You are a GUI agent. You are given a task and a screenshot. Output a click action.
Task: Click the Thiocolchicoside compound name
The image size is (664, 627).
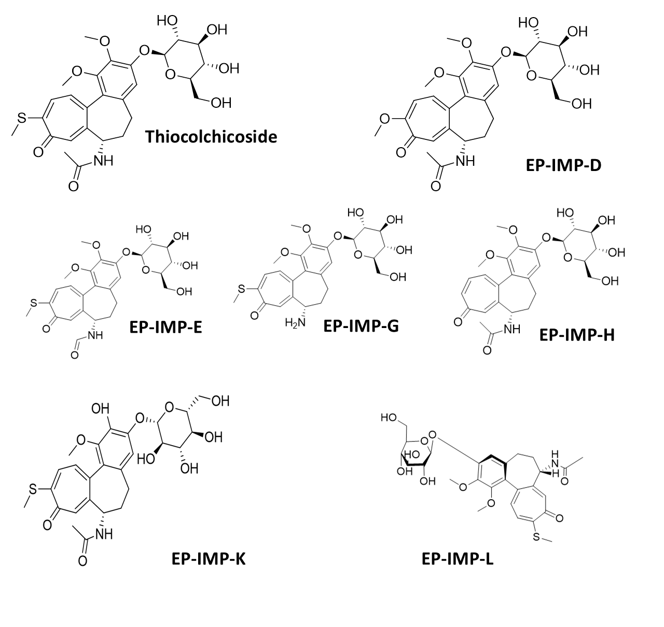coord(211,137)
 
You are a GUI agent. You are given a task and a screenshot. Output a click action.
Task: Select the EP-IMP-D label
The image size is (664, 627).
coord(564,165)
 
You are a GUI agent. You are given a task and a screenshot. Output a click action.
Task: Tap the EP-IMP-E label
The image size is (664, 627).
coord(165,327)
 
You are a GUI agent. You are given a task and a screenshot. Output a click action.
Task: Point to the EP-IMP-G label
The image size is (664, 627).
coord(361,326)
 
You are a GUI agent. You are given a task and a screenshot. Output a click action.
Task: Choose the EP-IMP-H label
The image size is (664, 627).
coord(577,335)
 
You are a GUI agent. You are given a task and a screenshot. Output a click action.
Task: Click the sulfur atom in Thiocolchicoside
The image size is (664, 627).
coord(22,118)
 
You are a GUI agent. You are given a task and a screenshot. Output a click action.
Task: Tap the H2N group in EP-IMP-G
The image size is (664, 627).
coord(295,323)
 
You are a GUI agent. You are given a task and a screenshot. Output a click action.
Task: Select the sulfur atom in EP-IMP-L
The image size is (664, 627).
coord(536,536)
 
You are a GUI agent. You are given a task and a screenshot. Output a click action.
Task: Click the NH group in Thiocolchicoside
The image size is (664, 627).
coord(103,161)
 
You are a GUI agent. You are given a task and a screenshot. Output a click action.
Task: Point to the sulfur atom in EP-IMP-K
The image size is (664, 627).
coord(33,489)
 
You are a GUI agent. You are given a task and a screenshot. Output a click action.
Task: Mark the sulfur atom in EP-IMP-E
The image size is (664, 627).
coord(33,303)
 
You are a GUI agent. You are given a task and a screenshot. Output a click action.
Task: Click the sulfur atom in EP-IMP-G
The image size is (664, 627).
coord(241,289)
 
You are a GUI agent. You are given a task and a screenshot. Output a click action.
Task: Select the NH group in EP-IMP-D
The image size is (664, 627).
coord(465,161)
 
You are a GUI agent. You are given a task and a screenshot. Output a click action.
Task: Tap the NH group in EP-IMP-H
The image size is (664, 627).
coord(512,329)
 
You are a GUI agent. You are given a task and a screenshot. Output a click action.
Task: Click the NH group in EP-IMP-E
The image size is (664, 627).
coord(95,335)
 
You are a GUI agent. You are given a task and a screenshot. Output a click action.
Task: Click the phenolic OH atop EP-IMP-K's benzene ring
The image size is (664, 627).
coord(100,409)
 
